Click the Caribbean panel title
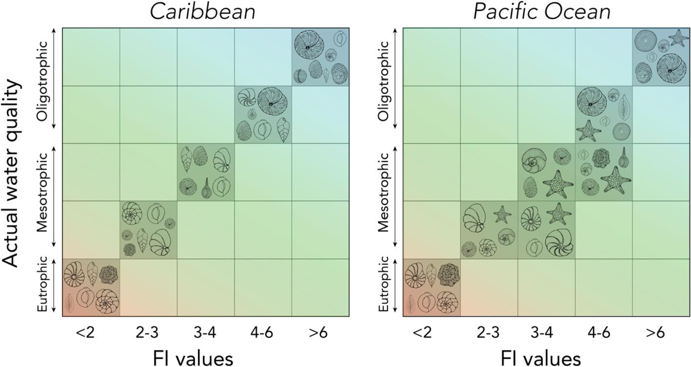pos(203,12)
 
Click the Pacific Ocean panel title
pos(542,13)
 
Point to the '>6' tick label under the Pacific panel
pos(654,333)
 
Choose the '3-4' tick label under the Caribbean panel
pos(205,333)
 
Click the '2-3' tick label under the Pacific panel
pos(488,333)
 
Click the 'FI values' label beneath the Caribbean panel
pos(193,359)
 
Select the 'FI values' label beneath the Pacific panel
pos(541,359)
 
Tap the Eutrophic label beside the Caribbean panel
pos(42,285)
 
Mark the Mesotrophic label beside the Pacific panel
pos(384,192)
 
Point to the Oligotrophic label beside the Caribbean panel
pos(42,81)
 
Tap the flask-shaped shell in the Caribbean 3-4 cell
pos(206,188)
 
